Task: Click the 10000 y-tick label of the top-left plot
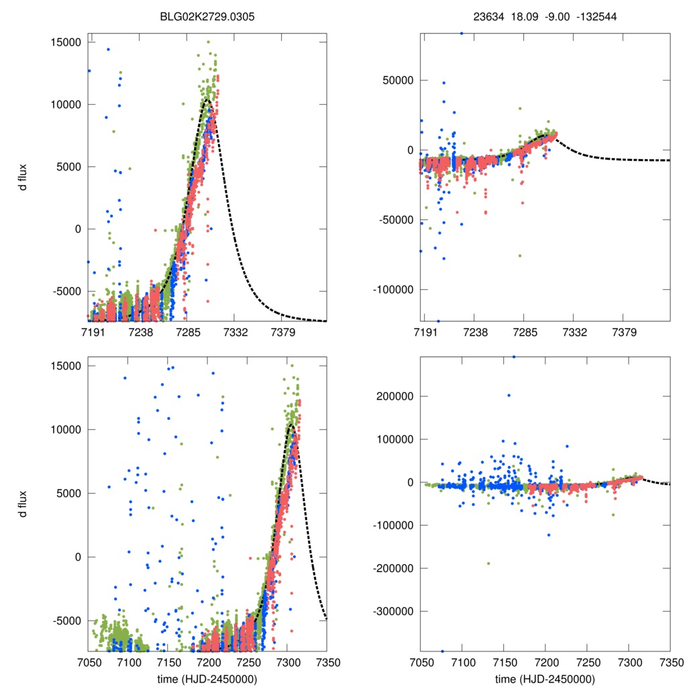tap(65, 105)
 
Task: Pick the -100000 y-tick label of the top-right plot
tap(394, 290)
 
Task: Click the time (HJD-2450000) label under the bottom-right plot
tap(545, 679)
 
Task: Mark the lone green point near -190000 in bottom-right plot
tap(488, 564)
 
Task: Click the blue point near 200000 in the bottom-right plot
tap(508, 395)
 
